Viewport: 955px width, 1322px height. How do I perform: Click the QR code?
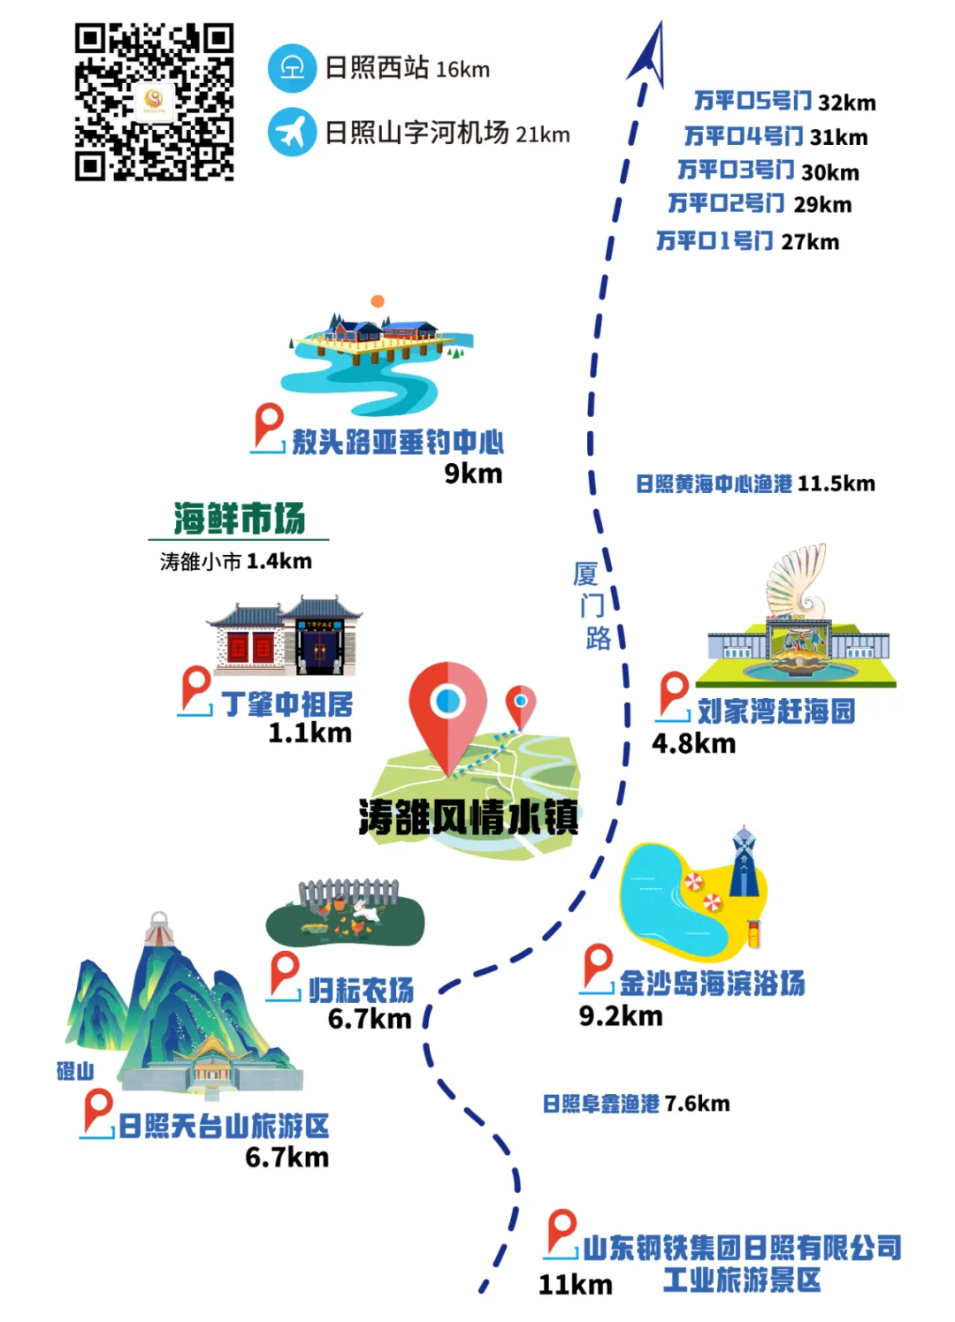[154, 103]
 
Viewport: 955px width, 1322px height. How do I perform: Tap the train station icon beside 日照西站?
[292, 68]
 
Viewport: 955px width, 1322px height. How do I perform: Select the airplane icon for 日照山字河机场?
[292, 132]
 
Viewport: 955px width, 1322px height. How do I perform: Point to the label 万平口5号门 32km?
[784, 102]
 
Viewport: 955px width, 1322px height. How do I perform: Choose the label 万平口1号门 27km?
[747, 241]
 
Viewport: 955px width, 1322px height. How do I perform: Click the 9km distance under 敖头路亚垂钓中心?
[473, 474]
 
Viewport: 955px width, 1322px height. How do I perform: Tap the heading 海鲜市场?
[239, 519]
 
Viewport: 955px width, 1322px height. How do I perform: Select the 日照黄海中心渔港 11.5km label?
[755, 484]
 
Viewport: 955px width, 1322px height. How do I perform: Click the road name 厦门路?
[591, 606]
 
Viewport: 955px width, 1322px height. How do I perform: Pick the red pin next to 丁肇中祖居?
[195, 688]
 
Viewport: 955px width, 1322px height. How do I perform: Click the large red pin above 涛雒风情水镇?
[447, 711]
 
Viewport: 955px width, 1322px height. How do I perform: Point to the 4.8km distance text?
[693, 744]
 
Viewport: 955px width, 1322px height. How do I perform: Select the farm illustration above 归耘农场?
[346, 910]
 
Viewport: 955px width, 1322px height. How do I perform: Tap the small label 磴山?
[75, 1071]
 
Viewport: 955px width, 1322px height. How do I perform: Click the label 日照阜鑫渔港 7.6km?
[636, 1104]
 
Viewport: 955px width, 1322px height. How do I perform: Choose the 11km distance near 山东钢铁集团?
[575, 1285]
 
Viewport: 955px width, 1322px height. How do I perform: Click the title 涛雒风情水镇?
[468, 817]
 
